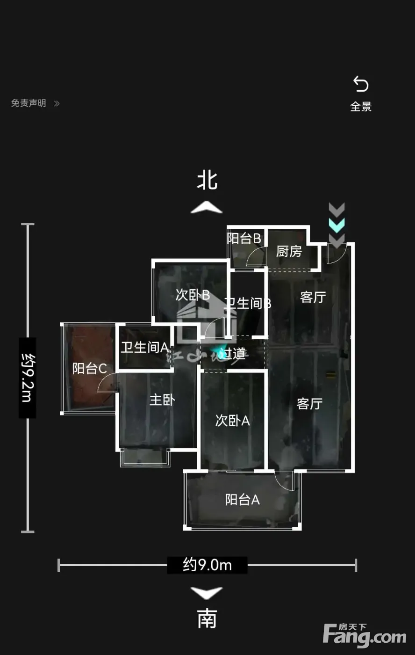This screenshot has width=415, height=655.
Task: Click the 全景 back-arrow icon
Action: coord(361,85)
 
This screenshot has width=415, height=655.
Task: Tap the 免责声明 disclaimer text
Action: coord(29,103)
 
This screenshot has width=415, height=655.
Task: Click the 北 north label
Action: coord(207,180)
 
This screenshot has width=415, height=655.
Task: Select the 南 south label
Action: coord(207,619)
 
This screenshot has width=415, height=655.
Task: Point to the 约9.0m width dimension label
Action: coord(207,565)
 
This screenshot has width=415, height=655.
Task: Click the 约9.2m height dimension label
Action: coord(27,378)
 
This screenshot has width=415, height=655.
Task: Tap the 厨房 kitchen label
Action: coord(289,251)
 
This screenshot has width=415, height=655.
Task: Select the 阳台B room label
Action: coord(243,239)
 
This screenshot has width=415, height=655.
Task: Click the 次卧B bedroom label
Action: coord(193,295)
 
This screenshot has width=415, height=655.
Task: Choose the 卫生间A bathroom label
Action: coord(144,348)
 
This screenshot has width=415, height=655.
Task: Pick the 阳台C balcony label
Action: coord(90,369)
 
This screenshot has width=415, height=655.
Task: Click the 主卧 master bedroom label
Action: coord(162,400)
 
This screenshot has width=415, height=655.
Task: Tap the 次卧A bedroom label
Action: coord(232,421)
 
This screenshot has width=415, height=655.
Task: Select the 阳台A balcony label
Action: coord(242,500)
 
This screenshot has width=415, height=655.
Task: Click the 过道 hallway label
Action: coord(233,353)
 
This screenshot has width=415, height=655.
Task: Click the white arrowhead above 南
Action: coord(207,593)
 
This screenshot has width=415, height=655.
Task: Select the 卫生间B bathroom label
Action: coord(248,303)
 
